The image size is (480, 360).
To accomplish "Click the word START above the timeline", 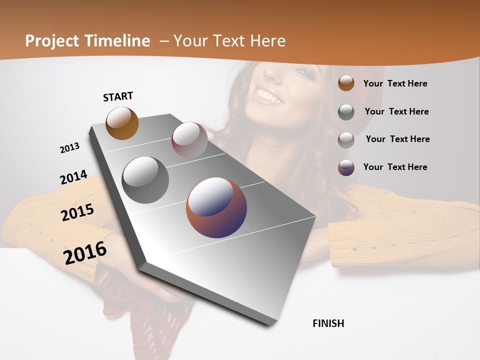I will pyautogui.click(x=118, y=96).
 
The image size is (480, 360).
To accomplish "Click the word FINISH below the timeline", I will pyautogui.click(x=328, y=323).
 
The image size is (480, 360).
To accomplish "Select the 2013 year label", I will pyautogui.click(x=69, y=148).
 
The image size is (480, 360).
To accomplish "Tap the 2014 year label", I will pyautogui.click(x=73, y=177).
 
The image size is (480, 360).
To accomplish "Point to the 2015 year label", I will pyautogui.click(x=77, y=212).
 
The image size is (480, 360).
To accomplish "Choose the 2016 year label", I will pyautogui.click(x=85, y=253).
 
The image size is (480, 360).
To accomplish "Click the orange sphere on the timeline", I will pyautogui.click(x=122, y=123).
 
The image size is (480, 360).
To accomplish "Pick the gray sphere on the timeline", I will pyautogui.click(x=145, y=179).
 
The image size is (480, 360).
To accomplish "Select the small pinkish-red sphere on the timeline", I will pyautogui.click(x=189, y=140).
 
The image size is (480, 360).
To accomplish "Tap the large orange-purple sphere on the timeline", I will pyautogui.click(x=216, y=207).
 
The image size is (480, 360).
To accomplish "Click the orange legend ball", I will pyautogui.click(x=346, y=83).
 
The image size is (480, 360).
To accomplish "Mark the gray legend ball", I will pyautogui.click(x=346, y=112).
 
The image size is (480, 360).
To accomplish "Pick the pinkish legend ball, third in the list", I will pyautogui.click(x=346, y=139).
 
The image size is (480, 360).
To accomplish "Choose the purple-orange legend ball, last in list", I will pyautogui.click(x=346, y=167).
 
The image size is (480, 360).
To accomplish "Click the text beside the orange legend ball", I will pyautogui.click(x=395, y=84).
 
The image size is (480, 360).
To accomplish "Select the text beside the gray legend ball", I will pyautogui.click(x=396, y=111).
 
